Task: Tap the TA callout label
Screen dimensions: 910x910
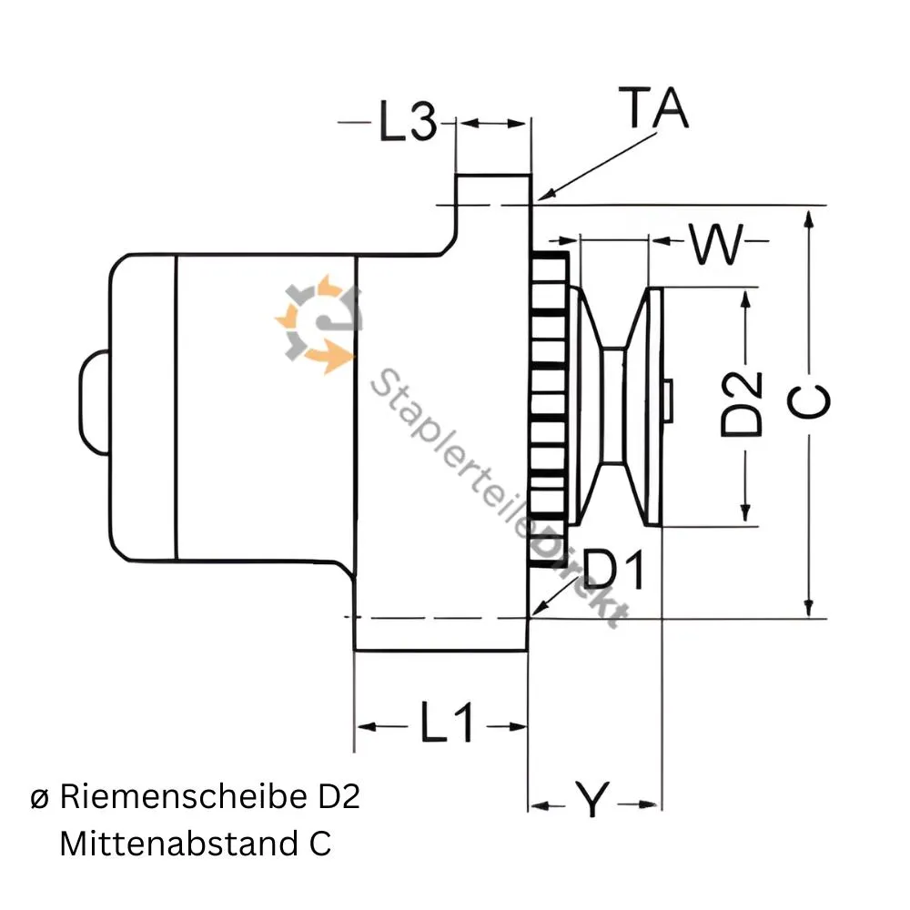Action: click(x=653, y=109)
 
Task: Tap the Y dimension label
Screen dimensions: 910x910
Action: click(x=592, y=803)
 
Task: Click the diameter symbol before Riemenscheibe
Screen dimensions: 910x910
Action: click(x=39, y=799)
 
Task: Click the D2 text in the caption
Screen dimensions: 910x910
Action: click(x=339, y=797)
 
